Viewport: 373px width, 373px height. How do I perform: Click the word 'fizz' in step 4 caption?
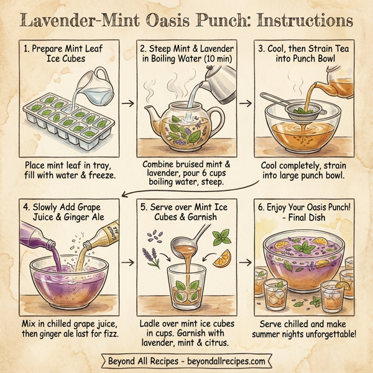110,334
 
